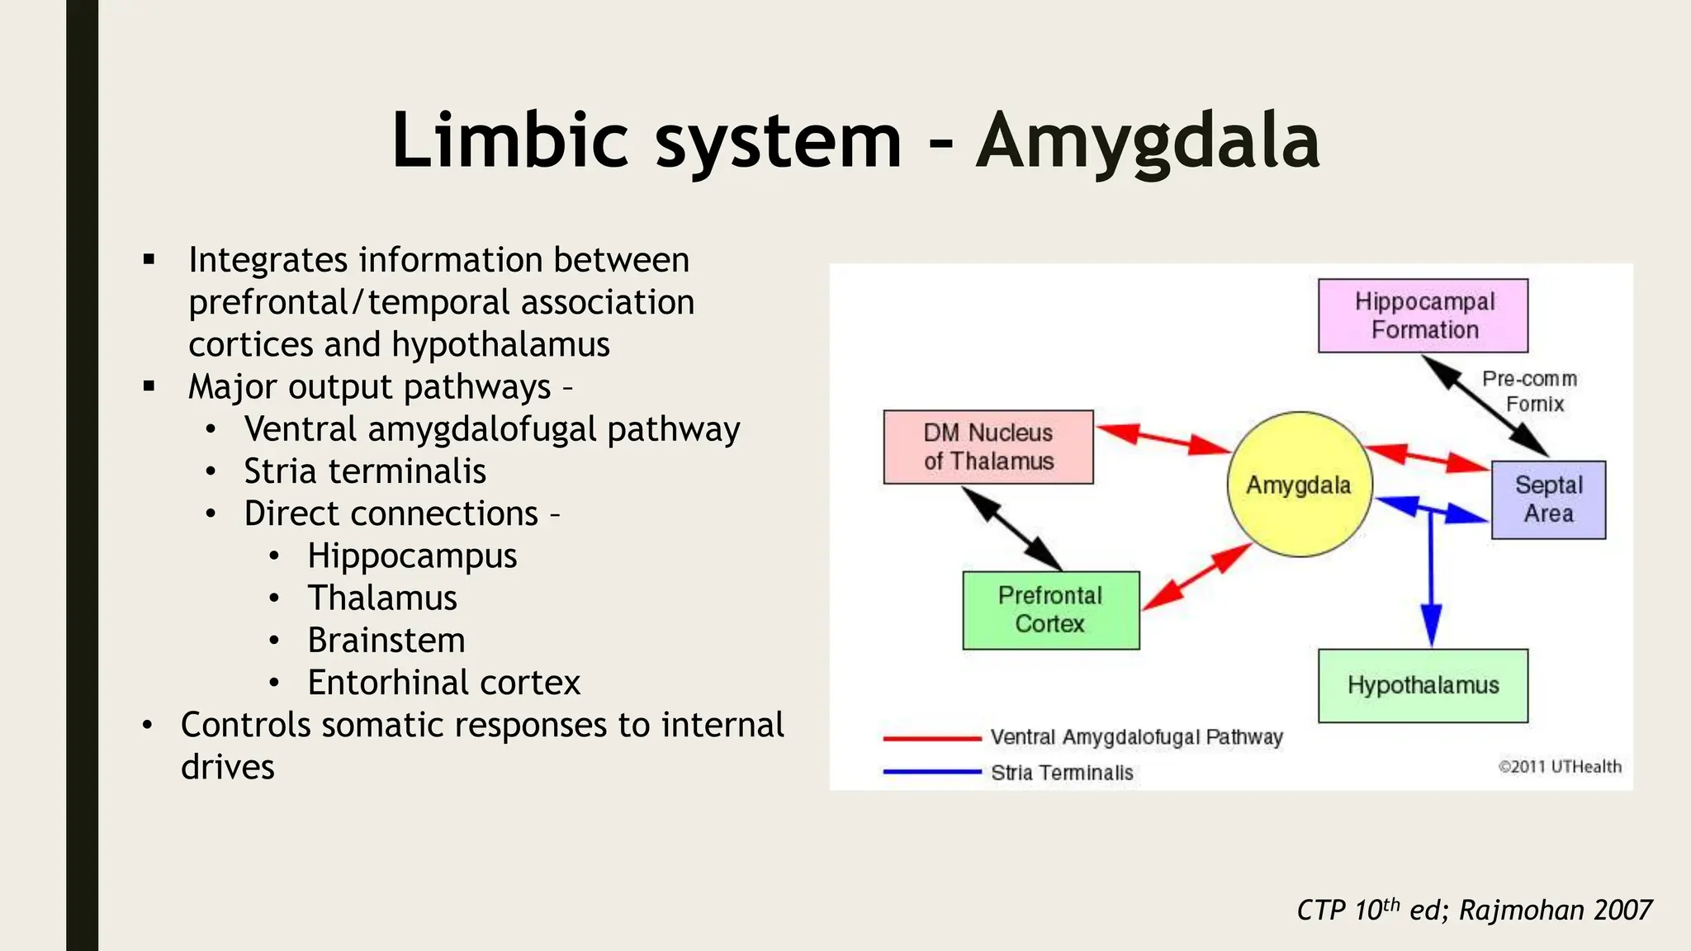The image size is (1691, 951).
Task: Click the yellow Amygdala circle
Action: [x=1300, y=485]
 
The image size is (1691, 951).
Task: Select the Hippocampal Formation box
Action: [x=1423, y=315]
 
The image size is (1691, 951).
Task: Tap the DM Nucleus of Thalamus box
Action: [x=988, y=447]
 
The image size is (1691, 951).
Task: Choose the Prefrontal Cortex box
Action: [x=1050, y=610]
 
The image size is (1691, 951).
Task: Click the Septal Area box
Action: [x=1548, y=499]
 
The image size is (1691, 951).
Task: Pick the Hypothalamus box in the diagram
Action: [x=1423, y=685]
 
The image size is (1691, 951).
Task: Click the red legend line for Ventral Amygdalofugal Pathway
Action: [x=931, y=738]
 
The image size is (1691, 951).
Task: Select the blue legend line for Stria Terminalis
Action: [x=931, y=773]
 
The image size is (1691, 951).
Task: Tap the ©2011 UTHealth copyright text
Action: [x=1560, y=767]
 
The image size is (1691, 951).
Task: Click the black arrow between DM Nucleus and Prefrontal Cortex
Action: [x=1012, y=529]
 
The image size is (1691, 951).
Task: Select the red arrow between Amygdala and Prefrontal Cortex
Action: [x=1196, y=577]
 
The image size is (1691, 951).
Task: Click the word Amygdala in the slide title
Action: [x=1148, y=141]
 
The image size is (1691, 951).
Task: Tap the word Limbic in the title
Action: [x=509, y=141]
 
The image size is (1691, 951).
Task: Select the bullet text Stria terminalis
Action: [x=364, y=471]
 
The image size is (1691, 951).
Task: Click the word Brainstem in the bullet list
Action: [x=386, y=641]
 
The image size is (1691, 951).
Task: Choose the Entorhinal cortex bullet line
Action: [x=443, y=683]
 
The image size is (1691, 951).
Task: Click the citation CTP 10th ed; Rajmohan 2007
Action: [x=1474, y=910]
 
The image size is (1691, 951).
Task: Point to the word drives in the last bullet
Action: [x=228, y=767]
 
